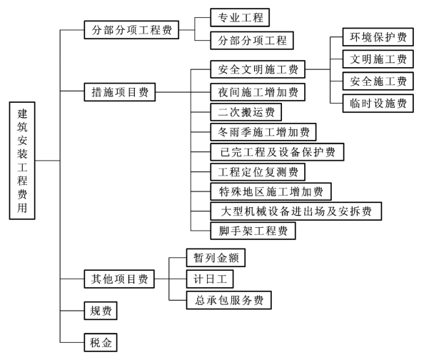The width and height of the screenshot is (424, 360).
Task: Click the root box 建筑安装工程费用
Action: (22, 161)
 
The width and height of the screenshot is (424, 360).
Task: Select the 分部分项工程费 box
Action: (131, 30)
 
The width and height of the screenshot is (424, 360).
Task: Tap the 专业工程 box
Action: (240, 18)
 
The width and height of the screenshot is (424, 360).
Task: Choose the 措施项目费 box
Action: (120, 92)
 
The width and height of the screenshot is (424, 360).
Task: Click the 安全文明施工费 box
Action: (258, 69)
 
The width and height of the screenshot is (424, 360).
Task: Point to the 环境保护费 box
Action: (378, 37)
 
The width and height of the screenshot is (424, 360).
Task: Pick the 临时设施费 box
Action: (378, 103)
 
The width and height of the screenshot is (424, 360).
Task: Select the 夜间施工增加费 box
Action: (258, 92)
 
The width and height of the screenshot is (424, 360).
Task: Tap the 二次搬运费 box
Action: (246, 112)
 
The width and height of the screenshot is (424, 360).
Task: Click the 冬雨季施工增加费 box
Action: (263, 132)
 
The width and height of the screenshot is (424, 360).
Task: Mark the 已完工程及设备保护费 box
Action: (277, 152)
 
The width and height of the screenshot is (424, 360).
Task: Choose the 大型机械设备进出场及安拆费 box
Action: (296, 211)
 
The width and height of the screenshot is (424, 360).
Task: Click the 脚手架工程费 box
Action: (253, 231)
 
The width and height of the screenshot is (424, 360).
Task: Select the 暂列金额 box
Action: (216, 258)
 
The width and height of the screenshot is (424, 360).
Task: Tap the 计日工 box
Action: (210, 279)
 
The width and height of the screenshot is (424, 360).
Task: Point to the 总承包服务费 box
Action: (228, 300)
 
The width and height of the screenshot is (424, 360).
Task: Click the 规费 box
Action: (101, 311)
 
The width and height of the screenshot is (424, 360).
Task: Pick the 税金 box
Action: (101, 342)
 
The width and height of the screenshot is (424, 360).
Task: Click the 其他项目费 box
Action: (119, 279)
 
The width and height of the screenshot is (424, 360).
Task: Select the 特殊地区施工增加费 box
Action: (271, 191)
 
